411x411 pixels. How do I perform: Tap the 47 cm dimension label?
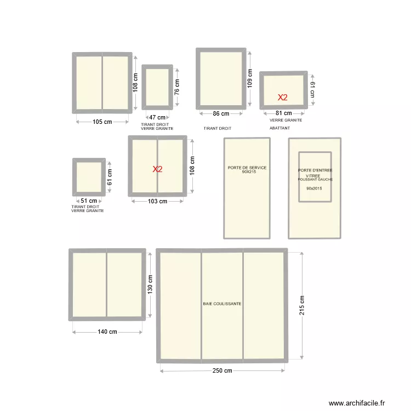pyautogui.click(x=157, y=117)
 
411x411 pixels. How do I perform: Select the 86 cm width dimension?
pyautogui.click(x=221, y=114)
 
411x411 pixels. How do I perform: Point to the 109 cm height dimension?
pyautogui.click(x=250, y=79)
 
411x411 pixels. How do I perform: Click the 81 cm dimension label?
pyautogui.click(x=284, y=113)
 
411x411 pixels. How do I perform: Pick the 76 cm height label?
pyautogui.click(x=177, y=87)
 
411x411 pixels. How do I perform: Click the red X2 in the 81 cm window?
pyautogui.click(x=282, y=98)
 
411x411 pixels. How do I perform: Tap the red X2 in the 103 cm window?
pyautogui.click(x=157, y=169)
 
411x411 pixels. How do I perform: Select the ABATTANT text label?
pyautogui.click(x=279, y=128)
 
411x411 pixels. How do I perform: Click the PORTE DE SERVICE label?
pyautogui.click(x=247, y=168)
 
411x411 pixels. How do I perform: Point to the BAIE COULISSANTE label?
pyautogui.click(x=222, y=304)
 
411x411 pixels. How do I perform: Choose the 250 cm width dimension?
pyautogui.click(x=222, y=371)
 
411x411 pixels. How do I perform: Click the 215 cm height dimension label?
pyautogui.click(x=302, y=306)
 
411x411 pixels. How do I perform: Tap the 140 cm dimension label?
pyautogui.click(x=107, y=332)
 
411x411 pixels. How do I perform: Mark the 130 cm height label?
pyautogui.click(x=150, y=285)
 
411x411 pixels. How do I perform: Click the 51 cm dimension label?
pyautogui.click(x=89, y=201)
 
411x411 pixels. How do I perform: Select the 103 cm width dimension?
pyautogui.click(x=157, y=201)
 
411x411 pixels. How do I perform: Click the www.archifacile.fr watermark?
pyautogui.click(x=357, y=403)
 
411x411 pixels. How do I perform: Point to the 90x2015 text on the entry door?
pyautogui.click(x=315, y=189)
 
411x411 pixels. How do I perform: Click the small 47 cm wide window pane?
pyautogui.click(x=157, y=87)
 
